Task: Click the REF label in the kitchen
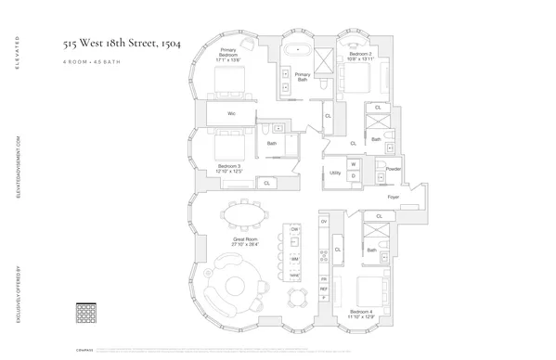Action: tap(324, 289)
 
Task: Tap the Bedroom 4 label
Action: tap(362, 314)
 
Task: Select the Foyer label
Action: tap(393, 199)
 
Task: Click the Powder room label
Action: tap(393, 169)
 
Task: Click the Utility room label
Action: tap(334, 173)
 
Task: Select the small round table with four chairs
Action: tap(298, 297)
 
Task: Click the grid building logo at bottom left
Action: tap(85, 311)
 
